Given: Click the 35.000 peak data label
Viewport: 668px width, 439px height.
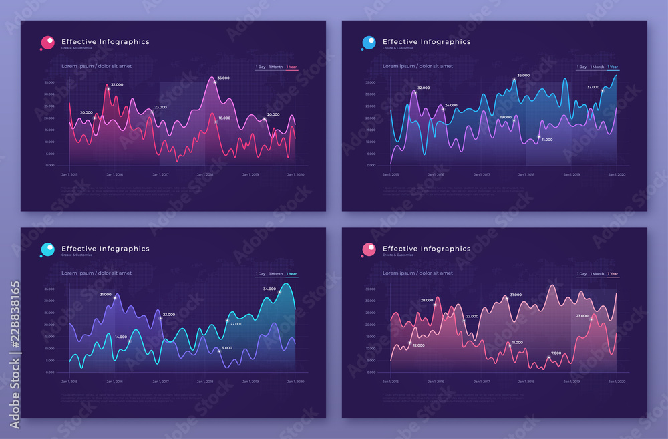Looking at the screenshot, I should click(x=223, y=78).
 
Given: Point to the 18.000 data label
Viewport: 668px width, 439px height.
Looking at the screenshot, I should click(x=224, y=118).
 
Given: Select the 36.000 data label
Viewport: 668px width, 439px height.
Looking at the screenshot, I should click(x=523, y=76).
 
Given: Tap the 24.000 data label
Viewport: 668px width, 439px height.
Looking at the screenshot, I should click(x=451, y=105).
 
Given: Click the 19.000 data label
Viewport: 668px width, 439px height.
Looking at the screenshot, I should click(x=506, y=117).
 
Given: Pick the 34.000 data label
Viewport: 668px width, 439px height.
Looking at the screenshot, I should click(x=269, y=289).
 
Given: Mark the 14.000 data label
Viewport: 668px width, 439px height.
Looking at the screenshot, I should click(x=121, y=337).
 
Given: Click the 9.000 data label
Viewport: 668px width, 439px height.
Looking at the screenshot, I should click(x=227, y=347).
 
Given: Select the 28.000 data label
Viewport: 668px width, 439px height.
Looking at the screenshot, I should click(x=427, y=300).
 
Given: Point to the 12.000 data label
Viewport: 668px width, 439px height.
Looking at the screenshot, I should click(x=419, y=345).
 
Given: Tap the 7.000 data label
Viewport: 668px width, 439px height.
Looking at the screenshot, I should click(x=556, y=353).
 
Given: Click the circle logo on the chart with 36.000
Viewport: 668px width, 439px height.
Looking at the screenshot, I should click(x=369, y=43).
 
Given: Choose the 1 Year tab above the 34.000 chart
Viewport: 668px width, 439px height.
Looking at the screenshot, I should click(x=291, y=274).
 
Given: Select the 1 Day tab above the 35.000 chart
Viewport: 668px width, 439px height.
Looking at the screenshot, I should click(x=260, y=67).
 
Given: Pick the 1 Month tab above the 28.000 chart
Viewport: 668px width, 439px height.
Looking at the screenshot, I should click(x=597, y=274).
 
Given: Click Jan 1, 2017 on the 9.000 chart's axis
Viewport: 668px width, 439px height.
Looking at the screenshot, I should click(x=160, y=382).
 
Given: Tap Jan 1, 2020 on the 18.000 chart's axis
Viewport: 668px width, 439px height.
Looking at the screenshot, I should click(x=296, y=174).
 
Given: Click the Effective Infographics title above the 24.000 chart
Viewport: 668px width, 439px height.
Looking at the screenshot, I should click(x=426, y=41).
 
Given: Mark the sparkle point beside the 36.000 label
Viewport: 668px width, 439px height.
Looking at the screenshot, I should click(x=514, y=80).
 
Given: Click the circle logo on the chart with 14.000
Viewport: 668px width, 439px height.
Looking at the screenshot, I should click(x=48, y=249).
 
